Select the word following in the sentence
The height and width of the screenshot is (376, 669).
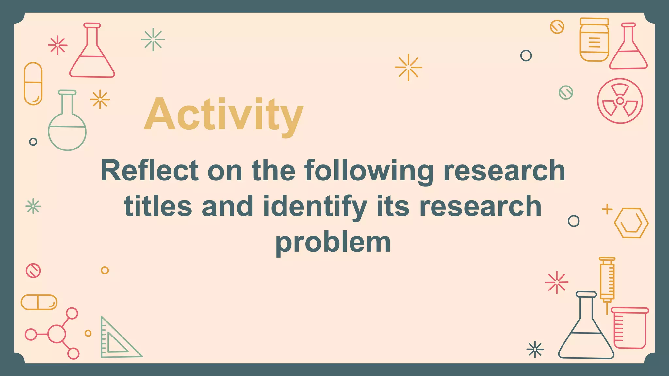369,171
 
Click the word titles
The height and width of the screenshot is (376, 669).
158,206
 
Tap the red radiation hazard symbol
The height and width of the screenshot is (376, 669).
620,101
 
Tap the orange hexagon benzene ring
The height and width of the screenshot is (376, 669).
631,223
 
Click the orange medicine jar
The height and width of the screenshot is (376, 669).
594,40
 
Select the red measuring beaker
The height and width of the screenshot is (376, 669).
629,328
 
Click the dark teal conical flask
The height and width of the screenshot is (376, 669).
586,330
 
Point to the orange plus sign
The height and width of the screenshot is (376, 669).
607,209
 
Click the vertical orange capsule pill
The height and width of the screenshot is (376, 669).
33,84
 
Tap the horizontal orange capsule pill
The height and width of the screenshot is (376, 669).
39,302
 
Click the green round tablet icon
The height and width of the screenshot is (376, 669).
566,92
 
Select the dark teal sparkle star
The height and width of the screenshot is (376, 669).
535,350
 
